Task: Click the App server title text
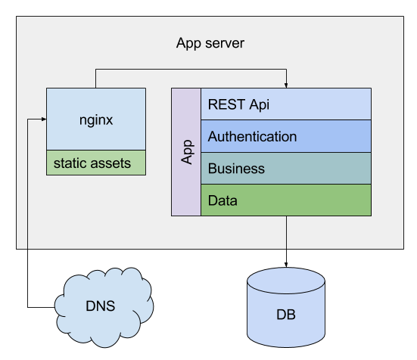click(210, 43)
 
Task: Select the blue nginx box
click(96, 119)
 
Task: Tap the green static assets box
click(96, 163)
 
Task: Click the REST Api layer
click(286, 104)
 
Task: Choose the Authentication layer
click(286, 137)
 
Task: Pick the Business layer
click(286, 169)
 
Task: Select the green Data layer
click(286, 200)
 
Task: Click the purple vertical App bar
click(186, 152)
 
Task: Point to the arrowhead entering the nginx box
click(42, 119)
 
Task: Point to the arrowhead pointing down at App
click(286, 85)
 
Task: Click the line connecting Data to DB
click(286, 232)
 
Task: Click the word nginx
click(96, 119)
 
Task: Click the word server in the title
click(225, 43)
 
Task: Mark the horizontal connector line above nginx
click(189, 70)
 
